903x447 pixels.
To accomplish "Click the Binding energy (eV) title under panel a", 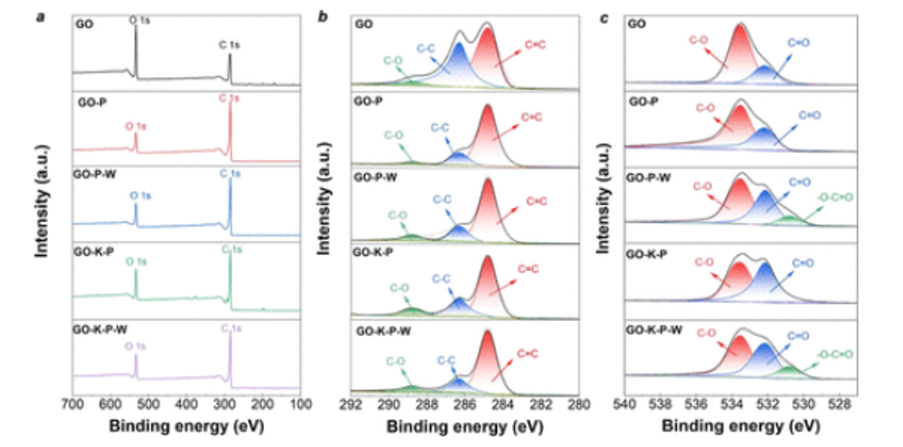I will [x=186, y=426].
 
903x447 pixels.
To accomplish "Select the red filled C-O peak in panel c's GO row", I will [x=741, y=49].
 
